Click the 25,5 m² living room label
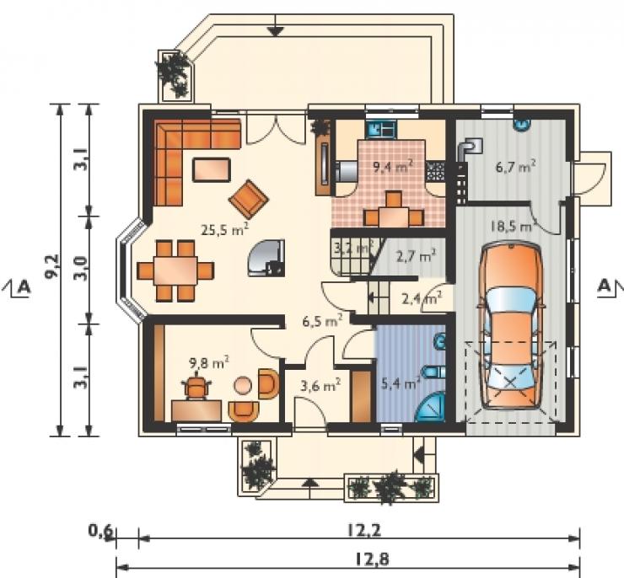click(225, 229)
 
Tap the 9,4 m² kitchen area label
click(392, 166)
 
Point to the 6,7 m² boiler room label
click(515, 166)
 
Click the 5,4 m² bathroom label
click(401, 383)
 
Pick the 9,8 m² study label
click(209, 362)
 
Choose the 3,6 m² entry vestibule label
click(320, 385)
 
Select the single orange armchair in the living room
click(249, 199)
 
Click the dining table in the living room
click(175, 270)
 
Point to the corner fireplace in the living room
click(266, 258)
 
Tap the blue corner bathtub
click(431, 407)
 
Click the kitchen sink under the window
click(381, 129)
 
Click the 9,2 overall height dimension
click(53, 266)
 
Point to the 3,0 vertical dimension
click(81, 269)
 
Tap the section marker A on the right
click(605, 286)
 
